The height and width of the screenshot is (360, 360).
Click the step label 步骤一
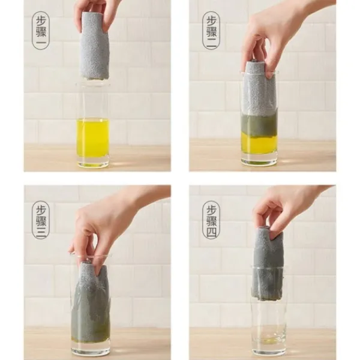tap(41, 31)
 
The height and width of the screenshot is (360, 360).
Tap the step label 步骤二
tap(211, 31)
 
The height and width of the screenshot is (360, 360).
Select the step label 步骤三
tap(41, 220)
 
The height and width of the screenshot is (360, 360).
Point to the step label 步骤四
tap(211, 220)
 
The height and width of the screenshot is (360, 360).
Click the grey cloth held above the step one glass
tap(94, 46)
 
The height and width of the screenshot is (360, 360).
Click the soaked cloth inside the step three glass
tap(91, 303)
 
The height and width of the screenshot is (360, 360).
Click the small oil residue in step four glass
tap(269, 340)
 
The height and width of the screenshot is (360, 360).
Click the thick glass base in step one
tap(93, 163)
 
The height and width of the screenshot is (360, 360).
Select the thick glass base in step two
tap(259, 162)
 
